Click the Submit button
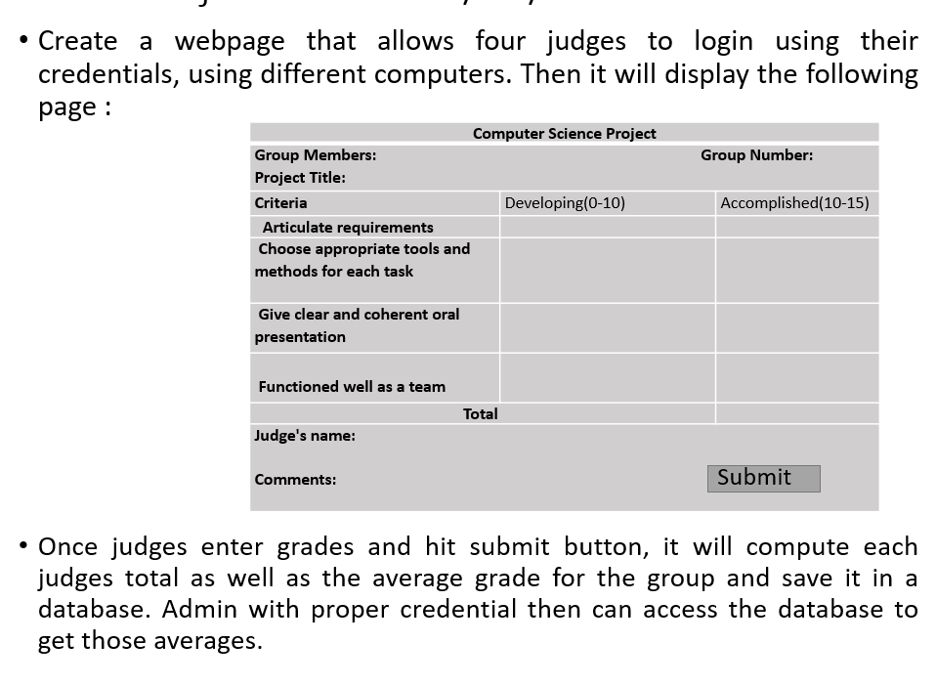763,478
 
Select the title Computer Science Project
564,134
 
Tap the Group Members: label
315,155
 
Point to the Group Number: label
756,155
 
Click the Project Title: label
300,178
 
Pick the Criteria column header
280,203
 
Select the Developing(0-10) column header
565,203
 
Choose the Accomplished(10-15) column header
794,203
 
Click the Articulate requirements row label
347,228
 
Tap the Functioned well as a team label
351,387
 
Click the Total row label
480,414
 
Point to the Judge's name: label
305,436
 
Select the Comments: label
295,480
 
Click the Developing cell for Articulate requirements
607,228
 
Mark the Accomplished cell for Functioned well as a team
796,377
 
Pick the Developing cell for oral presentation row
607,327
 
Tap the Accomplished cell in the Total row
796,414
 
